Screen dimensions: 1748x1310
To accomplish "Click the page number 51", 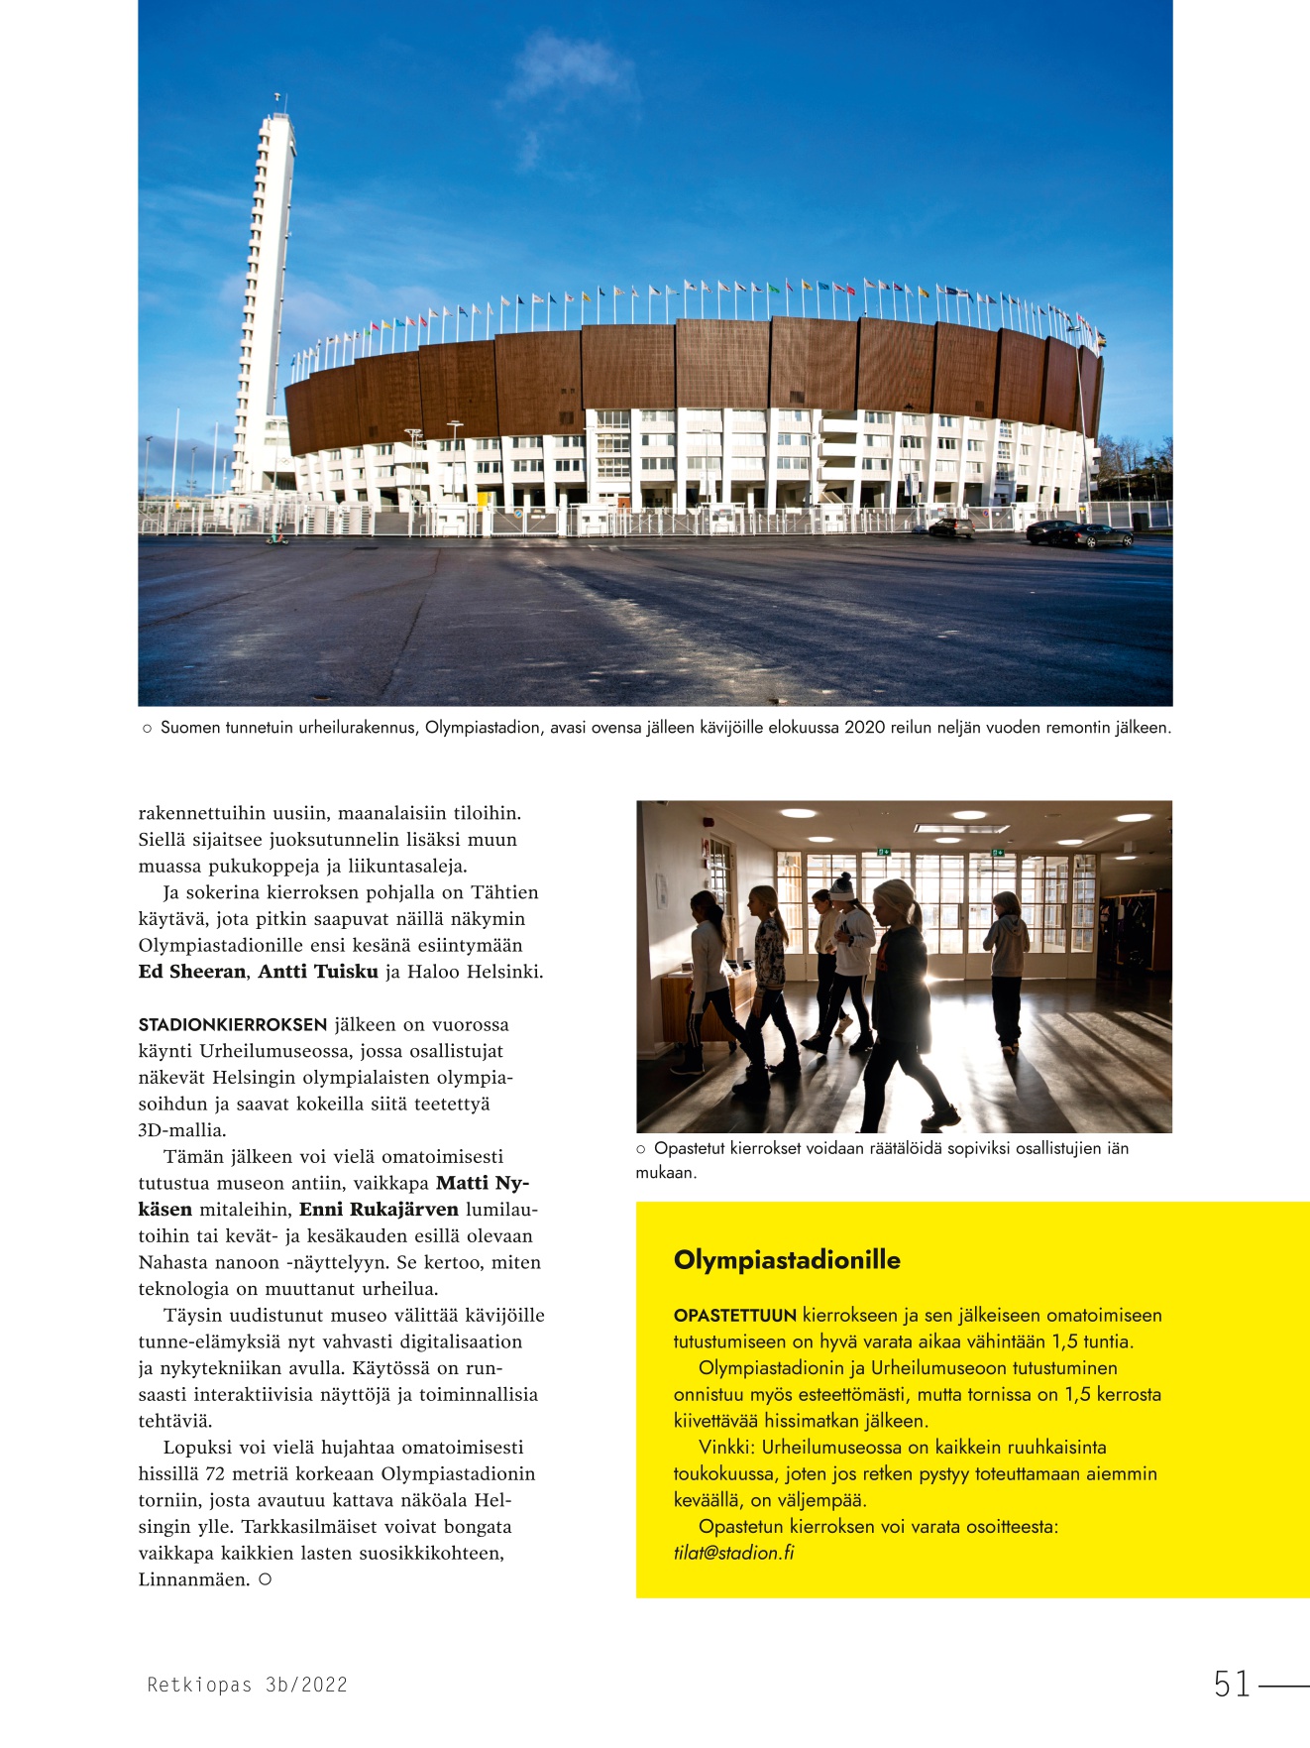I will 1232,1684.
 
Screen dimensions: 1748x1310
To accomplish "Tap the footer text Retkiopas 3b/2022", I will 247,1685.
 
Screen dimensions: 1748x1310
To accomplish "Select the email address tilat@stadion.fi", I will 733,1553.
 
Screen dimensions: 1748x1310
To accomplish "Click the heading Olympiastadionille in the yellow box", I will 787,1260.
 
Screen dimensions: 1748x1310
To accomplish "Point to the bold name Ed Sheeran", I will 192,972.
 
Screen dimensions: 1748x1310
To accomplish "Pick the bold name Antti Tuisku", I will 318,972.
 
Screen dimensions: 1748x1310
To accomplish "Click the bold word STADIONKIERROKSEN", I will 233,1024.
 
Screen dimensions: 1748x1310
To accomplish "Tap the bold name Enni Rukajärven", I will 379,1210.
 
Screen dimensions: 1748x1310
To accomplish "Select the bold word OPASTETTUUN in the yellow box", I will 734,1316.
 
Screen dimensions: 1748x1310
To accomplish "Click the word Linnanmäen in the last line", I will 194,1579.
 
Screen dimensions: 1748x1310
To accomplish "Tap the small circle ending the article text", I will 265,1579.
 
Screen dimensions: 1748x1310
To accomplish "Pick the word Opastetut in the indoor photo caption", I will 691,1148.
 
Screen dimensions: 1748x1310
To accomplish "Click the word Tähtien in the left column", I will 504,892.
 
